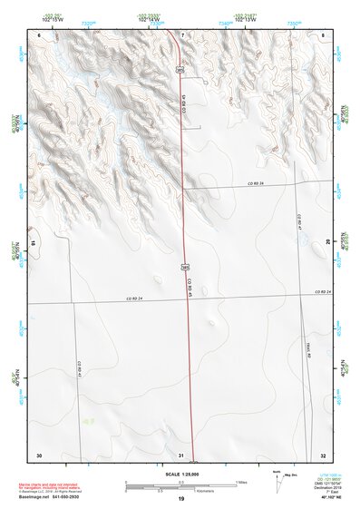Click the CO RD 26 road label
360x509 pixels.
click(x=255, y=184)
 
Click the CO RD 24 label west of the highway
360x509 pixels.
click(x=134, y=298)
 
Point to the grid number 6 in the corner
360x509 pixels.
click(x=39, y=34)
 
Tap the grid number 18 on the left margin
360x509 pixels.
click(x=34, y=243)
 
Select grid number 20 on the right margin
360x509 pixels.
click(x=327, y=241)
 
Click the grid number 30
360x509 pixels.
click(x=39, y=455)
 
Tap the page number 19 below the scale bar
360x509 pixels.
click(x=180, y=500)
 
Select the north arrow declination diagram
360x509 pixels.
click(x=277, y=481)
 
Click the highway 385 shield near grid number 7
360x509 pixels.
click(x=180, y=69)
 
